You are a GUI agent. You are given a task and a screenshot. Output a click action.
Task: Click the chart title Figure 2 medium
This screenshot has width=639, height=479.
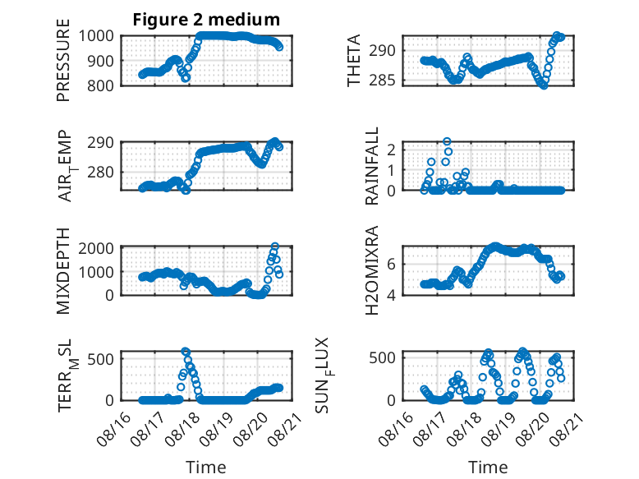coord(206,20)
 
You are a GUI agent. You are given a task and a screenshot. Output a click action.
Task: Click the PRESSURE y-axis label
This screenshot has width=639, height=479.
coord(63,60)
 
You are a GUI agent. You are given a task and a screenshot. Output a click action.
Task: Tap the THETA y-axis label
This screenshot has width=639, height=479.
coord(354,60)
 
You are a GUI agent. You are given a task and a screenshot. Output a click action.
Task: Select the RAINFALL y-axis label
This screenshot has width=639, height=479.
coord(372,166)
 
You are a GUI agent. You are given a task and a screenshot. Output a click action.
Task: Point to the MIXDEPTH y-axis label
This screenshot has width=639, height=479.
coord(63,271)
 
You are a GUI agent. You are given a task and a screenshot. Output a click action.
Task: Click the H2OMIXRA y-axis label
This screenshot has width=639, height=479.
coord(372,270)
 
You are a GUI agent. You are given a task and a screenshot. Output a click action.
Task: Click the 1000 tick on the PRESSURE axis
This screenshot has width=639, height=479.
coord(96,36)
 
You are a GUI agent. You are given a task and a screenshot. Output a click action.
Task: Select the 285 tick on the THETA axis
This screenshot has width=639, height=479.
coord(382,81)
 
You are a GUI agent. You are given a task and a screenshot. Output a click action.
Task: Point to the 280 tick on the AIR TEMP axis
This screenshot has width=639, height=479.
coord(101,172)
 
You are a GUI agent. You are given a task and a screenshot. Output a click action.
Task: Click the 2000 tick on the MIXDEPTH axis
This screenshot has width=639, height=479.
coord(96,248)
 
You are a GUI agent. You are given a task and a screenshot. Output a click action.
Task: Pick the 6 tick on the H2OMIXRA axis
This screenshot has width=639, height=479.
coord(391,265)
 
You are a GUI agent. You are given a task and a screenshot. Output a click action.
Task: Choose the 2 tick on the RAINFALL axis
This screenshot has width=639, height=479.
coord(391,150)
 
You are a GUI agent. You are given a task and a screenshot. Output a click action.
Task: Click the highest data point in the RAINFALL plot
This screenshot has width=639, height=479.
coord(447,141)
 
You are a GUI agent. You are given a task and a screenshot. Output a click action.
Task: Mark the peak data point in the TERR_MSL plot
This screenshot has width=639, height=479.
coord(185,351)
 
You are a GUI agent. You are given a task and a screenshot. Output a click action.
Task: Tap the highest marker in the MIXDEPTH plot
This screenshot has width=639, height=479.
coord(275,246)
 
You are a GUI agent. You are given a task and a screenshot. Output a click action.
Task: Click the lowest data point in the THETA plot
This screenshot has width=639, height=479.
coord(544,85)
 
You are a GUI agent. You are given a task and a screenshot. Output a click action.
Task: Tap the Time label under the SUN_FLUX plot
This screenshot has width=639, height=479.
coord(488,467)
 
